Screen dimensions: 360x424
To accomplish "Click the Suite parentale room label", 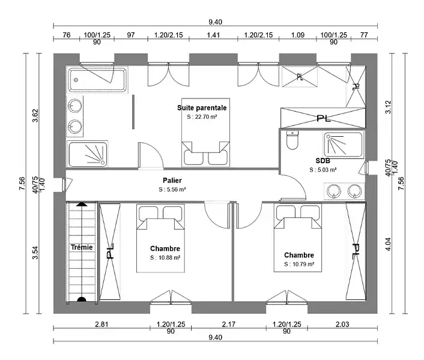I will [202, 107].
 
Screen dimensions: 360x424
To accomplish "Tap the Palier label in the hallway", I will [172, 180].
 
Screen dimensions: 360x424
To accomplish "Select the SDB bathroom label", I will [323, 161].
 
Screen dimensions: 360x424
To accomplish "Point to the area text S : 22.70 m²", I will [202, 118].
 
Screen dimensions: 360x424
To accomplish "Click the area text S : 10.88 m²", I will [165, 258].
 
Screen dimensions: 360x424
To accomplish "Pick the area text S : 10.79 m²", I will [298, 264].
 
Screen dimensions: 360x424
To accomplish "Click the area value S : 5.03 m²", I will [323, 170].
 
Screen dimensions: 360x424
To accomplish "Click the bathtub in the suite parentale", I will [97, 80].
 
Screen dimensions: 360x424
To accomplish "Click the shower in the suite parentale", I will [88, 154].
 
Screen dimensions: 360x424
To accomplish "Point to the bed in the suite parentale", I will [205, 151].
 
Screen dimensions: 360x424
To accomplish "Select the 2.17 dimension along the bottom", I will [228, 325].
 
